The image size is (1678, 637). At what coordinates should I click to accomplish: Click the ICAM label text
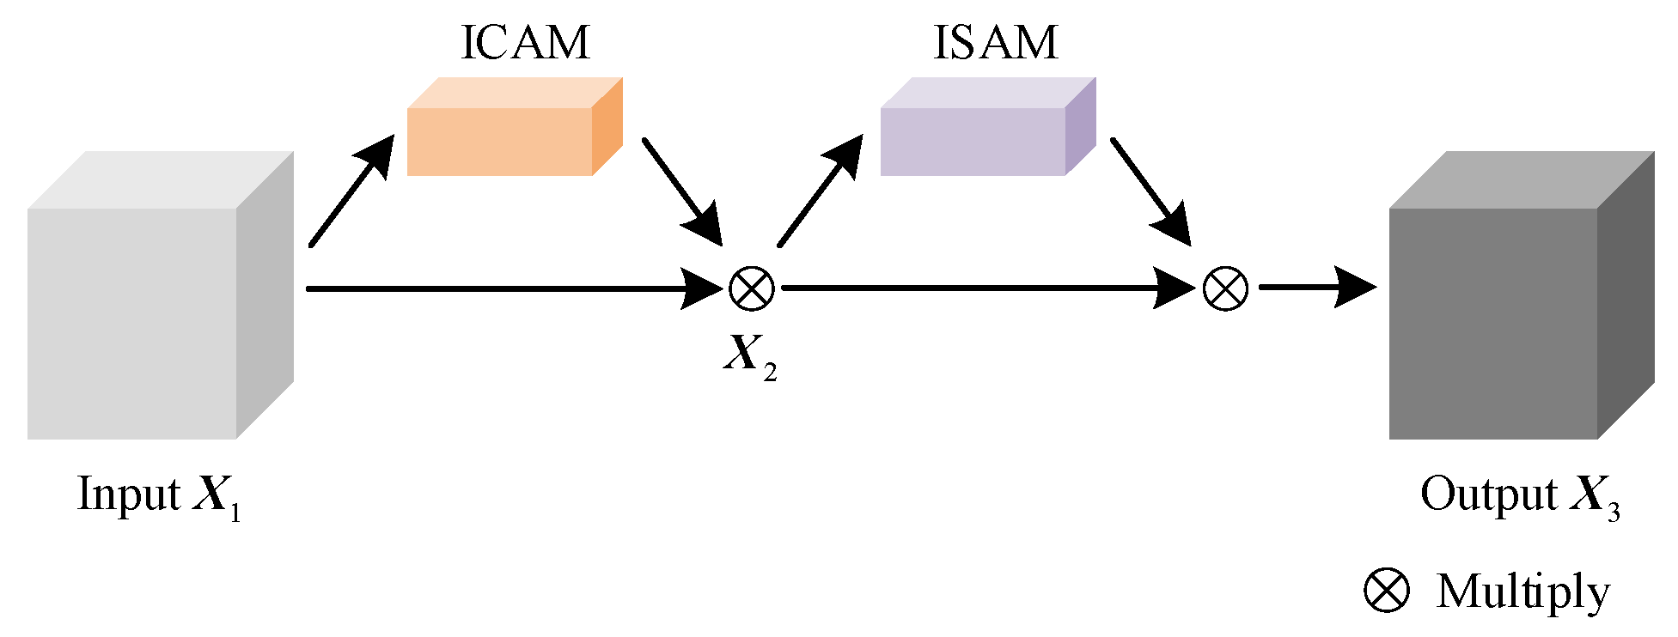point(525,43)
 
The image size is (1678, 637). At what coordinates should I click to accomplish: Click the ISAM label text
point(995,43)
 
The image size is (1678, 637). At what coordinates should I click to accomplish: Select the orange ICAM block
point(507,137)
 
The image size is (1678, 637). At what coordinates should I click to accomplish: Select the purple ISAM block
point(979,137)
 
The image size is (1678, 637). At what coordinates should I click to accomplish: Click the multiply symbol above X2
point(751,288)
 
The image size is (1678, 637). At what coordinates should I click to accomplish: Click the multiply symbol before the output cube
point(1225,288)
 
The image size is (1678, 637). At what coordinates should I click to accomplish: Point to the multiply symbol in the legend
point(1387,591)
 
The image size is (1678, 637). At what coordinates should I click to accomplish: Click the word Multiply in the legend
point(1522,592)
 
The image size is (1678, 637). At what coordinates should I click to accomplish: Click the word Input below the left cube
point(129,495)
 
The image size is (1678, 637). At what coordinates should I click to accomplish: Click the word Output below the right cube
point(1488,495)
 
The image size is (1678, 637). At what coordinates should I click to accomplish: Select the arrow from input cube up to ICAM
point(349,193)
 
